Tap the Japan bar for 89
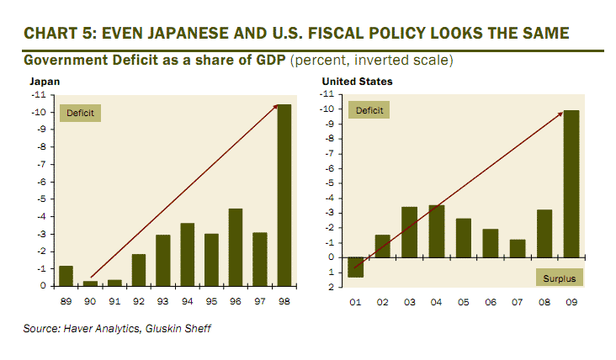click(x=66, y=276)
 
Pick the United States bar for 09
click(x=570, y=183)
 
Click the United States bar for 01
click(x=355, y=267)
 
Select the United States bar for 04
click(x=436, y=230)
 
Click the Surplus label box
click(x=560, y=277)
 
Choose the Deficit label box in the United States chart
click(x=369, y=110)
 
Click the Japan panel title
click(x=45, y=82)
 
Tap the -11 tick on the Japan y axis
click(x=38, y=95)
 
